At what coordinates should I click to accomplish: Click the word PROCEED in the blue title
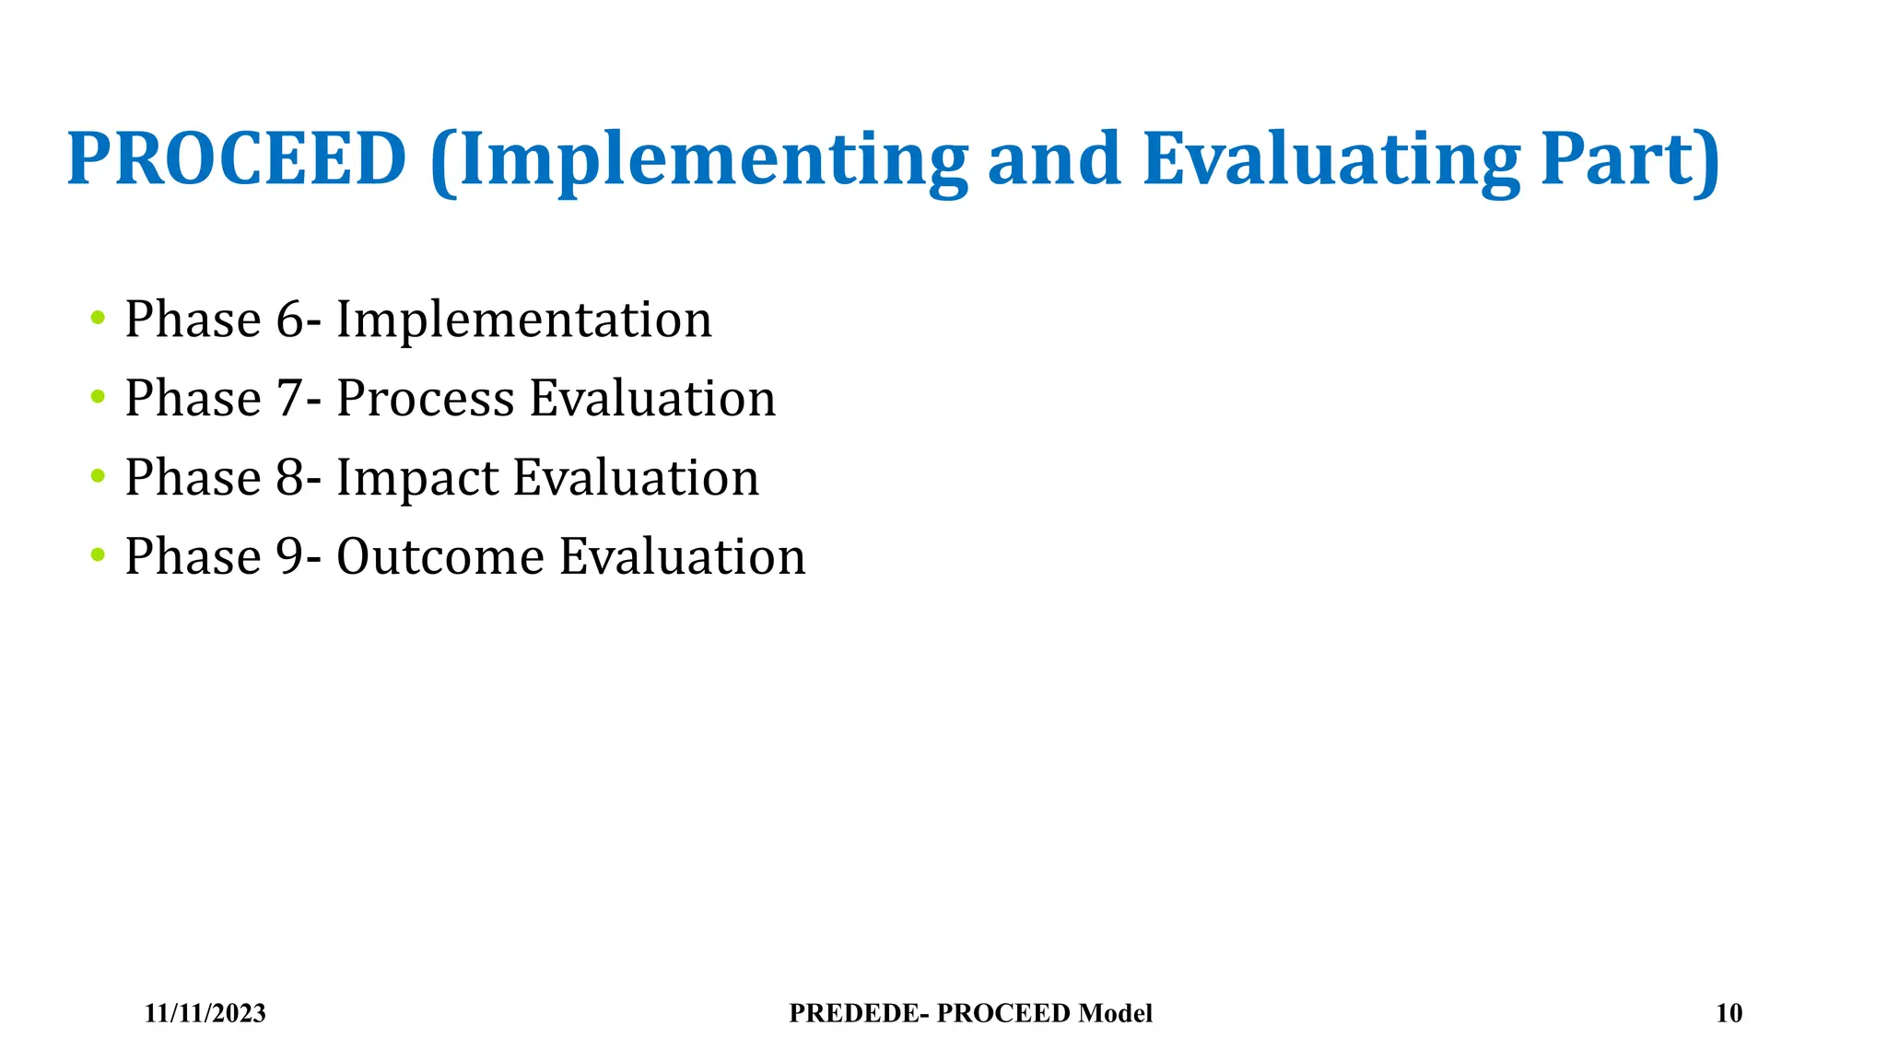(237, 159)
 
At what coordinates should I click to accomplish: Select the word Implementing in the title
(699, 161)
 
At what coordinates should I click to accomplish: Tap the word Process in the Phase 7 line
(425, 400)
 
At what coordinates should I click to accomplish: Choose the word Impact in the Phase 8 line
(416, 479)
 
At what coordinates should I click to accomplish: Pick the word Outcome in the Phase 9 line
(440, 557)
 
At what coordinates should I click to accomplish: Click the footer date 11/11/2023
(205, 1013)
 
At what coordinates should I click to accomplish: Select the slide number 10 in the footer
(1729, 1013)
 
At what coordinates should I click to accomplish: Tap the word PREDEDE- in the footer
(859, 1013)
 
